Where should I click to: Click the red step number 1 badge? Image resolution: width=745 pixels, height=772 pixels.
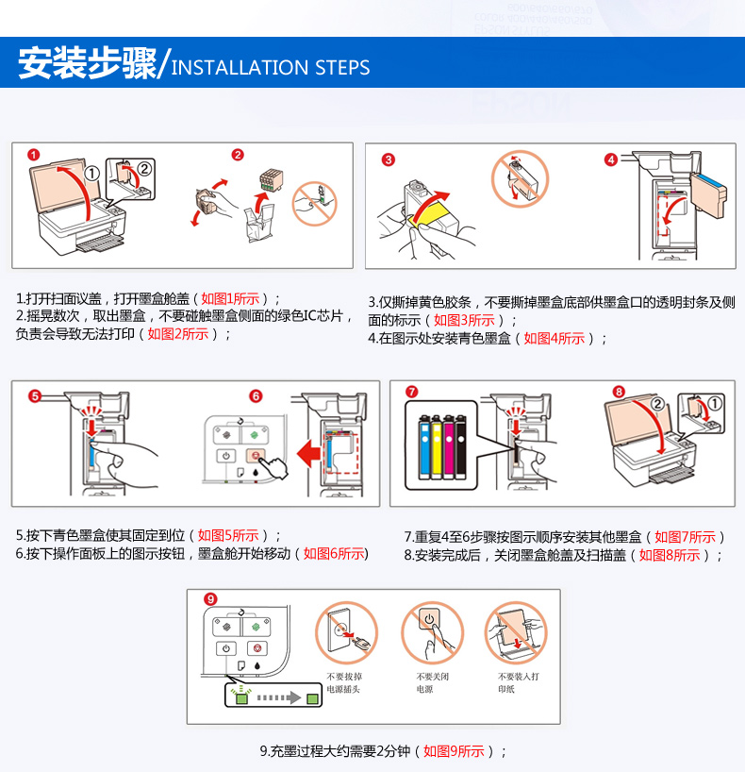point(33,155)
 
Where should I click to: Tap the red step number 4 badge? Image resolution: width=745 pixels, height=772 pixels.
point(611,159)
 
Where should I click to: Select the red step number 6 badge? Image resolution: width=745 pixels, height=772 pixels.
point(256,396)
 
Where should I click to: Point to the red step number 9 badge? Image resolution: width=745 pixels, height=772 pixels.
point(210,599)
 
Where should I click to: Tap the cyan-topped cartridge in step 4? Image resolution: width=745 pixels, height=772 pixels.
point(708,194)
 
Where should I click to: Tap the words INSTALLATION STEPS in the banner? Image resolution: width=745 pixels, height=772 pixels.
point(270,67)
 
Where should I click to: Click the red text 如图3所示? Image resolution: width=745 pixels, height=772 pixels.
point(464,321)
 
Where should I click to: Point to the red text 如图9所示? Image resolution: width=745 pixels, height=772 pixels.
point(454,751)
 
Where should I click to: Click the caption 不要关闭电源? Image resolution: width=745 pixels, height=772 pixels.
point(432,683)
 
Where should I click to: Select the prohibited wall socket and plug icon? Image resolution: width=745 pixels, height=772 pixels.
point(346,632)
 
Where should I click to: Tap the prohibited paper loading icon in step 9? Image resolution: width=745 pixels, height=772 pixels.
point(516,632)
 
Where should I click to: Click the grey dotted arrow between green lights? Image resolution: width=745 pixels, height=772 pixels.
point(278,697)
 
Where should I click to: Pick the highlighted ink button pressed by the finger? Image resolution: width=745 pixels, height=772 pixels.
point(256,456)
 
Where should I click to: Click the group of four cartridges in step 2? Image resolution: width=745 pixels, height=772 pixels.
point(272,179)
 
